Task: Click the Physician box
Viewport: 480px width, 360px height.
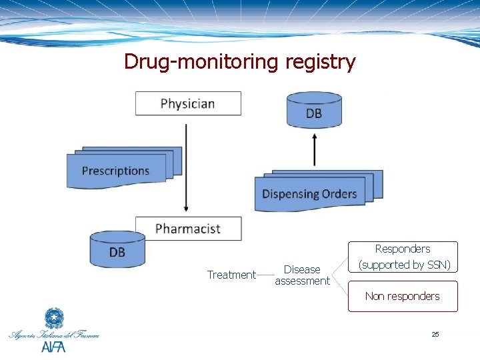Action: [x=188, y=103]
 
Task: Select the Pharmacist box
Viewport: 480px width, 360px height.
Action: [x=188, y=229]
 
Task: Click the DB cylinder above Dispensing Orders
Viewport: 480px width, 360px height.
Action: [x=314, y=111]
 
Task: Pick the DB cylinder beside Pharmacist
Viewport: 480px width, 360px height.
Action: [x=117, y=250]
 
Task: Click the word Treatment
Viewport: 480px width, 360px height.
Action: [x=231, y=275]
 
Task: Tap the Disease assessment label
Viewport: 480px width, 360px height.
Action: [x=302, y=275]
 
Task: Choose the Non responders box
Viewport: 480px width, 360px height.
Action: [x=403, y=296]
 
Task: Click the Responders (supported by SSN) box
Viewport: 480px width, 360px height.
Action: [x=403, y=257]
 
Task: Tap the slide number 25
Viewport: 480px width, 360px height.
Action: [x=435, y=334]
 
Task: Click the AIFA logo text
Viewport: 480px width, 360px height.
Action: [x=54, y=347]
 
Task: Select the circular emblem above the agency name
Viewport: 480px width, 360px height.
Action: [x=53, y=318]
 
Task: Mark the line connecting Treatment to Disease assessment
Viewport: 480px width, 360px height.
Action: [x=265, y=275]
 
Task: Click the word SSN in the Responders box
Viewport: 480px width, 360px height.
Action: [x=437, y=265]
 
